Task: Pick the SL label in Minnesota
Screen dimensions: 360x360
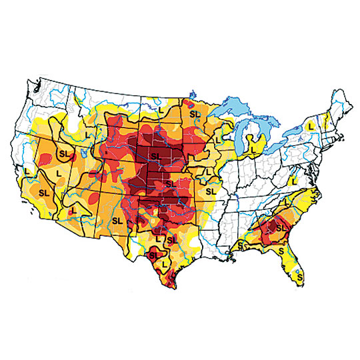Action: pos(195,114)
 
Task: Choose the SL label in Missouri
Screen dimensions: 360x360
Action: pos(211,191)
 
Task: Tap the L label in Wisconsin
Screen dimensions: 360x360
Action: pos(218,140)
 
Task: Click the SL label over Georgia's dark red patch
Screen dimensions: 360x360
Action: pos(279,228)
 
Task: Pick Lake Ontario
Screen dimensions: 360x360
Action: pos(301,131)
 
